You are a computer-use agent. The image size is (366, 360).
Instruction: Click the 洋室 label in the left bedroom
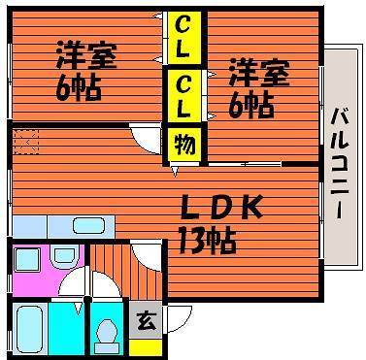pyautogui.click(x=86, y=54)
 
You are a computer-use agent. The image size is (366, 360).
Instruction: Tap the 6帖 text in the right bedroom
pyautogui.click(x=251, y=105)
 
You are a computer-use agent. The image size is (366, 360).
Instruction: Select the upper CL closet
pyautogui.click(x=183, y=37)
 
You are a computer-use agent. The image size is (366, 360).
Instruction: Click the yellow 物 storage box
pyautogui.click(x=185, y=145)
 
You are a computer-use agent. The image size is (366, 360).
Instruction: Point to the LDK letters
pyautogui.click(x=221, y=206)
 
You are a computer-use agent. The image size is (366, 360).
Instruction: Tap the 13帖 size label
pyautogui.click(x=207, y=242)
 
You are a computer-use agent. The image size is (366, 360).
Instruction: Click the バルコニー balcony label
pyautogui.click(x=340, y=164)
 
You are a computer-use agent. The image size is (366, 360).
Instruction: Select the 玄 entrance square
pyautogui.click(x=146, y=320)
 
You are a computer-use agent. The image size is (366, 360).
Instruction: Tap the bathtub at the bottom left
pyautogui.click(x=30, y=330)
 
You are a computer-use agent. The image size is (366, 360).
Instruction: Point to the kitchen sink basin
pyautogui.click(x=88, y=225)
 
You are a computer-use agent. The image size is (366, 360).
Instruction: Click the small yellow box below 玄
pyautogui.click(x=146, y=347)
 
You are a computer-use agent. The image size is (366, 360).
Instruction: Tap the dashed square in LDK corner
pyautogui.click(x=25, y=142)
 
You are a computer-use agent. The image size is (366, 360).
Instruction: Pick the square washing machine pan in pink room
pyautogui.click(x=28, y=260)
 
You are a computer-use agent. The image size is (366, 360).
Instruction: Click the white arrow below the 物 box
pyautogui.click(x=175, y=172)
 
